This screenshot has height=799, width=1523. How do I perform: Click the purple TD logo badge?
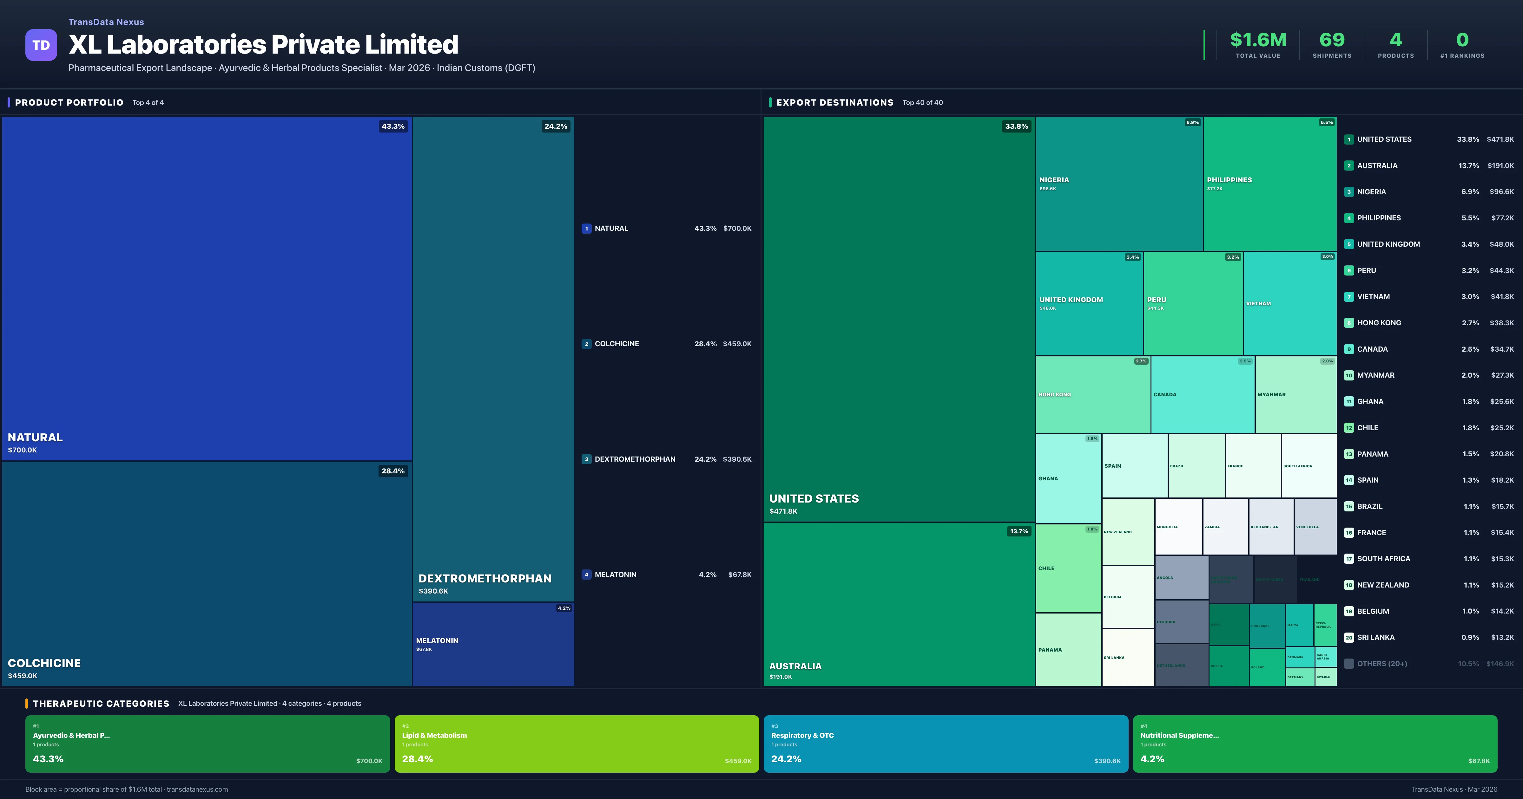pos(41,45)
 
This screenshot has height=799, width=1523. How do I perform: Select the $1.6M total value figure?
pos(1257,40)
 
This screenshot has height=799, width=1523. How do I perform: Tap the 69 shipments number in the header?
pos(1331,40)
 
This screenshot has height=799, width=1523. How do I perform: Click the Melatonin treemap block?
pos(493,644)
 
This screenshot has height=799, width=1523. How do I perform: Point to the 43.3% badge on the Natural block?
pos(392,127)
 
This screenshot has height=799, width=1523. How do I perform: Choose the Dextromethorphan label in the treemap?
pos(485,579)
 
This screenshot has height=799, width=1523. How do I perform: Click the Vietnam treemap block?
pos(1289,303)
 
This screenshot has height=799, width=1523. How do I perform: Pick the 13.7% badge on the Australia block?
pos(1019,531)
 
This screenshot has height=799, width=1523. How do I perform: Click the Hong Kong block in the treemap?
pos(1092,394)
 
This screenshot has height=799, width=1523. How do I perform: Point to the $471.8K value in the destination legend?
pos(1500,140)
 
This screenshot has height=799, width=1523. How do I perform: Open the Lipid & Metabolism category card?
pos(577,744)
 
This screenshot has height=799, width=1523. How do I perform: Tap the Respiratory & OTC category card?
pos(946,744)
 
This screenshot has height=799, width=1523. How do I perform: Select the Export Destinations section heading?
pos(834,103)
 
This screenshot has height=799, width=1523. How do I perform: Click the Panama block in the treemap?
pos(1068,649)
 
